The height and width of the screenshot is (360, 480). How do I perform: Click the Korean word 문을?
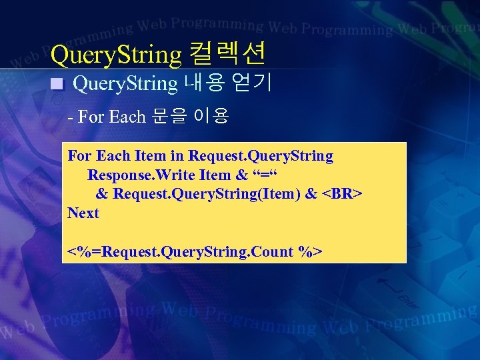click(169, 117)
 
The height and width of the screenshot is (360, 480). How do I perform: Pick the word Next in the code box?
click(83, 213)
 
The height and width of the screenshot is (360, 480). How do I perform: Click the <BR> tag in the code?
click(342, 194)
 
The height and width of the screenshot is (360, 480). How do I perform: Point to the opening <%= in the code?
click(81, 252)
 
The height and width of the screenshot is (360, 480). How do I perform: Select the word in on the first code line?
click(177, 156)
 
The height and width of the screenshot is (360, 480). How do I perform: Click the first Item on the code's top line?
click(150, 156)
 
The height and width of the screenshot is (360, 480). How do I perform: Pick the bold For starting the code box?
click(80, 156)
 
